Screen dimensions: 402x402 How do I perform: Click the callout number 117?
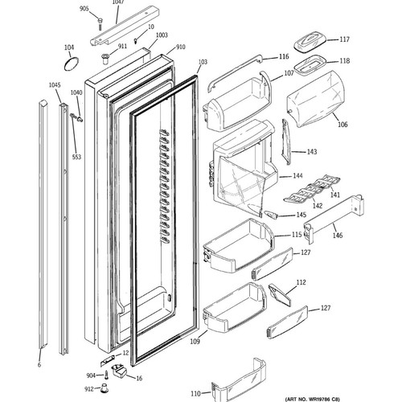click(x=344, y=39)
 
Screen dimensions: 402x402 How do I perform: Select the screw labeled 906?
click(x=100, y=23)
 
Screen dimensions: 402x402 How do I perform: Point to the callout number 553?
click(x=76, y=157)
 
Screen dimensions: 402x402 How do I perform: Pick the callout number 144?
click(x=297, y=176)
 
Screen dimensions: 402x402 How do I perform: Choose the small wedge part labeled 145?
click(x=271, y=215)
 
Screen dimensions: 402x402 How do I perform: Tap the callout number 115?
click(x=297, y=235)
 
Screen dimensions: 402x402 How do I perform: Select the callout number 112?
click(x=301, y=282)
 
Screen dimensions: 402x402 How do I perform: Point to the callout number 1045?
click(x=55, y=85)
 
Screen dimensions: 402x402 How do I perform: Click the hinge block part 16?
click(x=119, y=370)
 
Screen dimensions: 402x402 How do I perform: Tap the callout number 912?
click(x=89, y=389)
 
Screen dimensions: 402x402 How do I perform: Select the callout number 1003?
click(x=162, y=35)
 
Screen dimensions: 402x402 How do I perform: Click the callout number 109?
click(x=195, y=342)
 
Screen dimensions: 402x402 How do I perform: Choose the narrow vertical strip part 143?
click(x=285, y=142)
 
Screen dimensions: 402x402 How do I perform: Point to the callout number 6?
click(x=39, y=365)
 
